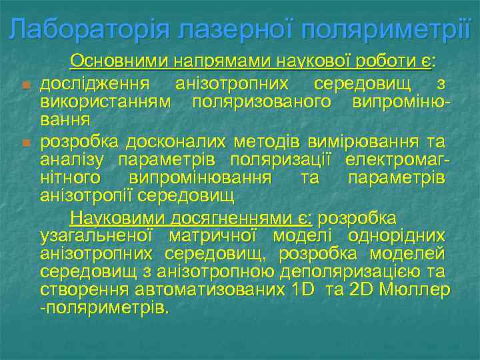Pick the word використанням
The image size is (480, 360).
(106, 101)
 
